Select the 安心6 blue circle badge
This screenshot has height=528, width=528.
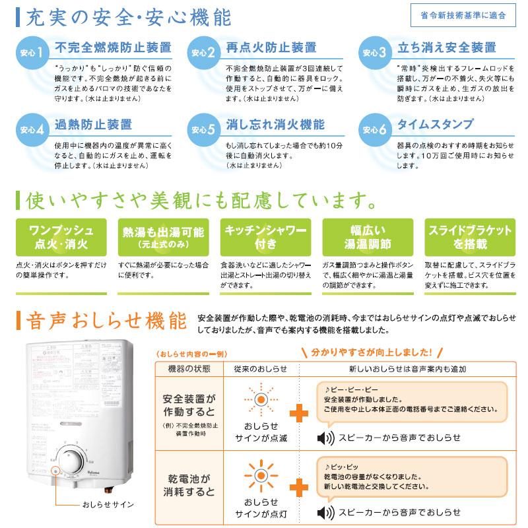coord(375,130)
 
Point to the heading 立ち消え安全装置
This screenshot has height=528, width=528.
coord(446,48)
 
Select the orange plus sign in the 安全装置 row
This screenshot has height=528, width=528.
coord(298,412)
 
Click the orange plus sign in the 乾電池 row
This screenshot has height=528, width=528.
coord(298,487)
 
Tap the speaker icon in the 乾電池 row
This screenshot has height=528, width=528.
coord(325,512)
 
